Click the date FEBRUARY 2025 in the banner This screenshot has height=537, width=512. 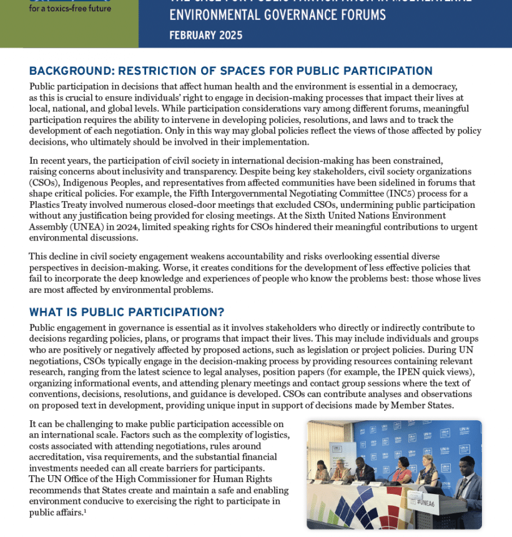click(x=206, y=35)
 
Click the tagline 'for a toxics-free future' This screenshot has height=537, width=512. click(x=70, y=8)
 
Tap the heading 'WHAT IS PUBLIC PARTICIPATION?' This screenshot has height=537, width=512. click(x=127, y=312)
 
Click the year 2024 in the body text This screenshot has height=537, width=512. click(x=159, y=227)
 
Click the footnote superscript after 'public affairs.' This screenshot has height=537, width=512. click(x=86, y=511)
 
